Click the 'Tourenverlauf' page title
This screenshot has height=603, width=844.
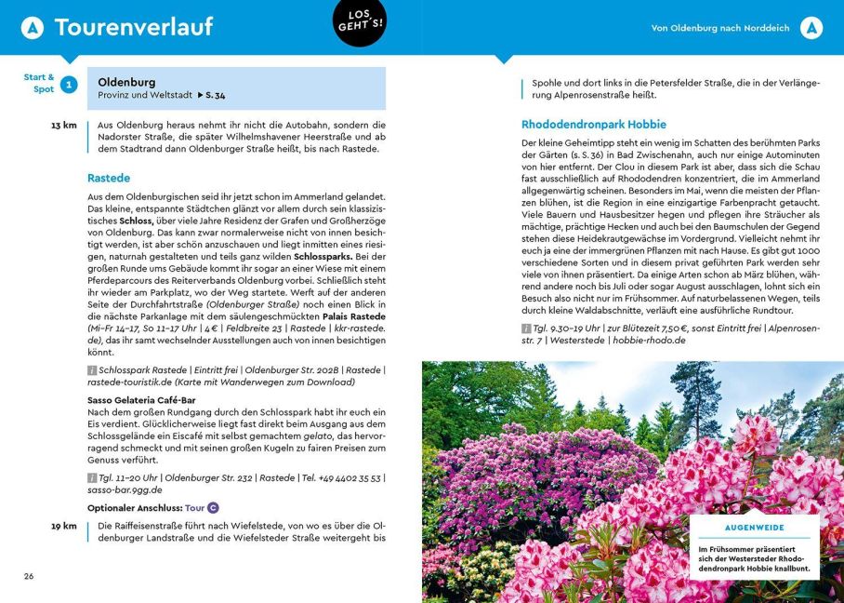pyautogui.click(x=134, y=28)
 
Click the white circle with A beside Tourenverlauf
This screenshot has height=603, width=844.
pyautogui.click(x=33, y=28)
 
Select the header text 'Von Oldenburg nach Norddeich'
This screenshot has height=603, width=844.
pyautogui.click(x=720, y=28)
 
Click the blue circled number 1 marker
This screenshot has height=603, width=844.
pyautogui.click(x=69, y=86)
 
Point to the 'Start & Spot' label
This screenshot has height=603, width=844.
pyautogui.click(x=39, y=83)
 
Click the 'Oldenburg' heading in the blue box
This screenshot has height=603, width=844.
pyautogui.click(x=126, y=82)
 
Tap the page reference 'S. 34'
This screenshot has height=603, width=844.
pyautogui.click(x=215, y=96)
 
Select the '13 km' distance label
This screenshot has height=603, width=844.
pyautogui.click(x=63, y=125)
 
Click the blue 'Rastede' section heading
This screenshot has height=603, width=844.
pyautogui.click(x=109, y=178)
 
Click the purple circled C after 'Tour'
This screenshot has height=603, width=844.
pyautogui.click(x=213, y=508)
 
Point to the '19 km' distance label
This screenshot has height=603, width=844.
pyautogui.click(x=63, y=526)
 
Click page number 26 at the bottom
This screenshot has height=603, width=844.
pyautogui.click(x=29, y=576)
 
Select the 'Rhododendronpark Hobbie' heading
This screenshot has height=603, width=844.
pyautogui.click(x=593, y=123)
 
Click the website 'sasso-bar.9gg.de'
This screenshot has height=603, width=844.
pyautogui.click(x=125, y=489)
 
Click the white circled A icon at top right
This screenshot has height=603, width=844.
pyautogui.click(x=811, y=28)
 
